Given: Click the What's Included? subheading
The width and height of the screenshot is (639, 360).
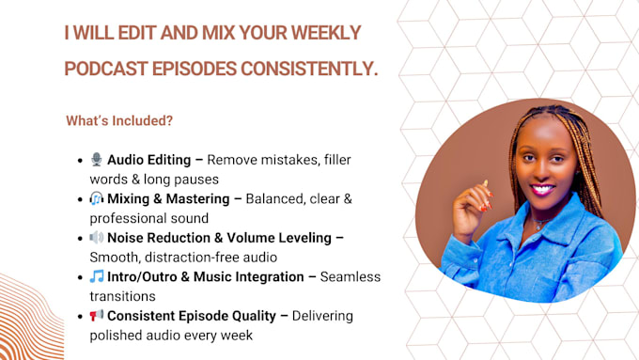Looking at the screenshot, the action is click(119, 120).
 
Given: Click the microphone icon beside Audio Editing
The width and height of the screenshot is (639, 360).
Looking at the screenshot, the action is click(97, 160).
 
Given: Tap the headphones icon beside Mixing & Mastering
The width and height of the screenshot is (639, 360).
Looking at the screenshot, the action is click(97, 198).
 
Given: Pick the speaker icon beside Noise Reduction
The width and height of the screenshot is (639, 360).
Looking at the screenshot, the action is click(97, 237).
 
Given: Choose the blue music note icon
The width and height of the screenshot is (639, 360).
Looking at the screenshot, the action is click(97, 276).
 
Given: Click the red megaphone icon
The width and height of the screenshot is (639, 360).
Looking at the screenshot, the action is click(97, 315).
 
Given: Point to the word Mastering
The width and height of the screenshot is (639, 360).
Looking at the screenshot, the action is click(198, 199).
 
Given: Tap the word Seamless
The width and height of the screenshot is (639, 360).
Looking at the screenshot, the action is click(351, 277).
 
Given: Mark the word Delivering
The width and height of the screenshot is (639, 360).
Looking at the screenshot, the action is click(322, 316).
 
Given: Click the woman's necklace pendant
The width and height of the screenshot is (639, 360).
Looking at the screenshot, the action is click(538, 226).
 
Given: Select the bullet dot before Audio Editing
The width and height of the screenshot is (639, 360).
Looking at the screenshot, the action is click(80, 160).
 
